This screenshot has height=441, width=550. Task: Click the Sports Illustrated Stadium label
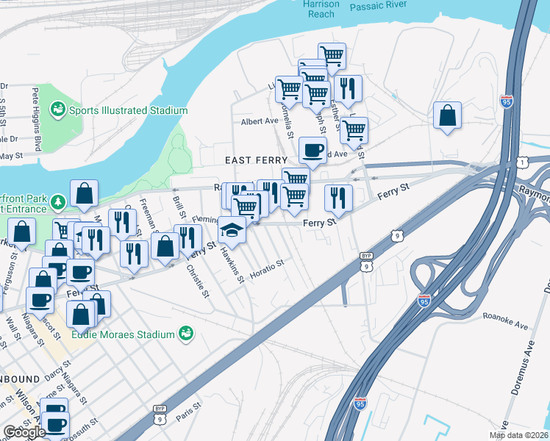[x=129, y=110]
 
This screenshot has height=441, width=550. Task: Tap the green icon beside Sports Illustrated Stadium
[x=57, y=110]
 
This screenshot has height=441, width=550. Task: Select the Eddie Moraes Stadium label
[x=124, y=334]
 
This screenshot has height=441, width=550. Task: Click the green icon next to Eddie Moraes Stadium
[x=187, y=334]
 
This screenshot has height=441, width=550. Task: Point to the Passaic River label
[x=379, y=6]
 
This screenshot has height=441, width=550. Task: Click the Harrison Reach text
[x=321, y=8]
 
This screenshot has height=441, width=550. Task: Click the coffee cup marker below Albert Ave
[x=312, y=151]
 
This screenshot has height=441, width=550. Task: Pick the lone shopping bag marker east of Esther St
[x=446, y=116]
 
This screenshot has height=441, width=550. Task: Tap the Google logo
[x=24, y=432]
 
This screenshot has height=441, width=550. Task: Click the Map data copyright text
[x=518, y=435]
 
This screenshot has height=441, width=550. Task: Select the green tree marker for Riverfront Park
[x=59, y=201]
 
